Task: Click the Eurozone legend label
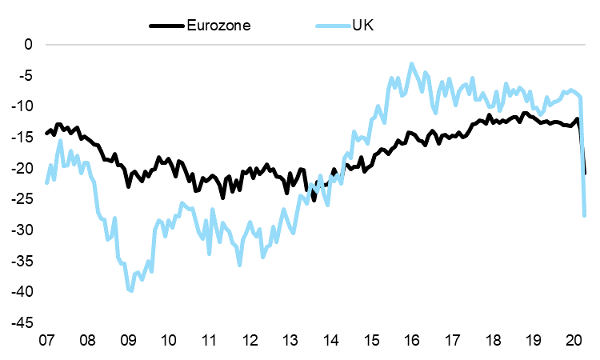(x=219, y=25)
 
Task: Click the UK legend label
(x=362, y=25)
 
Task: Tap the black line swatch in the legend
(x=167, y=25)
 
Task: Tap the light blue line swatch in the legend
(x=328, y=25)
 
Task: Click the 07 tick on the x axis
(x=46, y=339)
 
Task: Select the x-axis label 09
(x=128, y=339)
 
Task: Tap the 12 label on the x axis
(x=250, y=339)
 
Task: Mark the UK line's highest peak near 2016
(x=412, y=64)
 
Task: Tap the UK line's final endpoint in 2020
(x=585, y=216)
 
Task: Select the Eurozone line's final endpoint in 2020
(x=586, y=173)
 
